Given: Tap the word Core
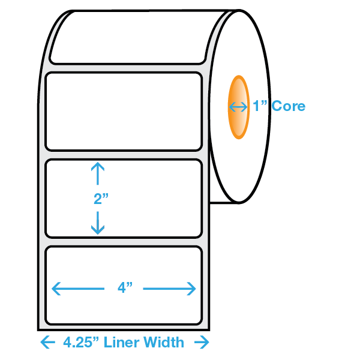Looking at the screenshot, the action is (289, 106).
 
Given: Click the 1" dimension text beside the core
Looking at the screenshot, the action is (260, 106).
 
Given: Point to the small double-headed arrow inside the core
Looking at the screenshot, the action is (238, 107).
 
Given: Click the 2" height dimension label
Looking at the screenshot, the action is (101, 199).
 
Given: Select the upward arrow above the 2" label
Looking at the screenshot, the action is (98, 173).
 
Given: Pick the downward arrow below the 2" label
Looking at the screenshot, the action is (98, 223).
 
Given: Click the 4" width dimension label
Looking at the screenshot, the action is (125, 287).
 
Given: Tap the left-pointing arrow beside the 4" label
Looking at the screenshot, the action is (78, 289).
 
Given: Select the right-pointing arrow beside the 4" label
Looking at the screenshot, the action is (169, 289).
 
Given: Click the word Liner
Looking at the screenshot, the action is (121, 343).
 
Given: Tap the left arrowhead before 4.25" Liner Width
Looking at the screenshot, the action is (48, 342).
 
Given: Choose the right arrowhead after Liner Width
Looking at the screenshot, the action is (202, 342).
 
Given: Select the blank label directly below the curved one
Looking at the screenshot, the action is (124, 112).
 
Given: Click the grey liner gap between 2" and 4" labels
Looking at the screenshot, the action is (124, 242).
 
